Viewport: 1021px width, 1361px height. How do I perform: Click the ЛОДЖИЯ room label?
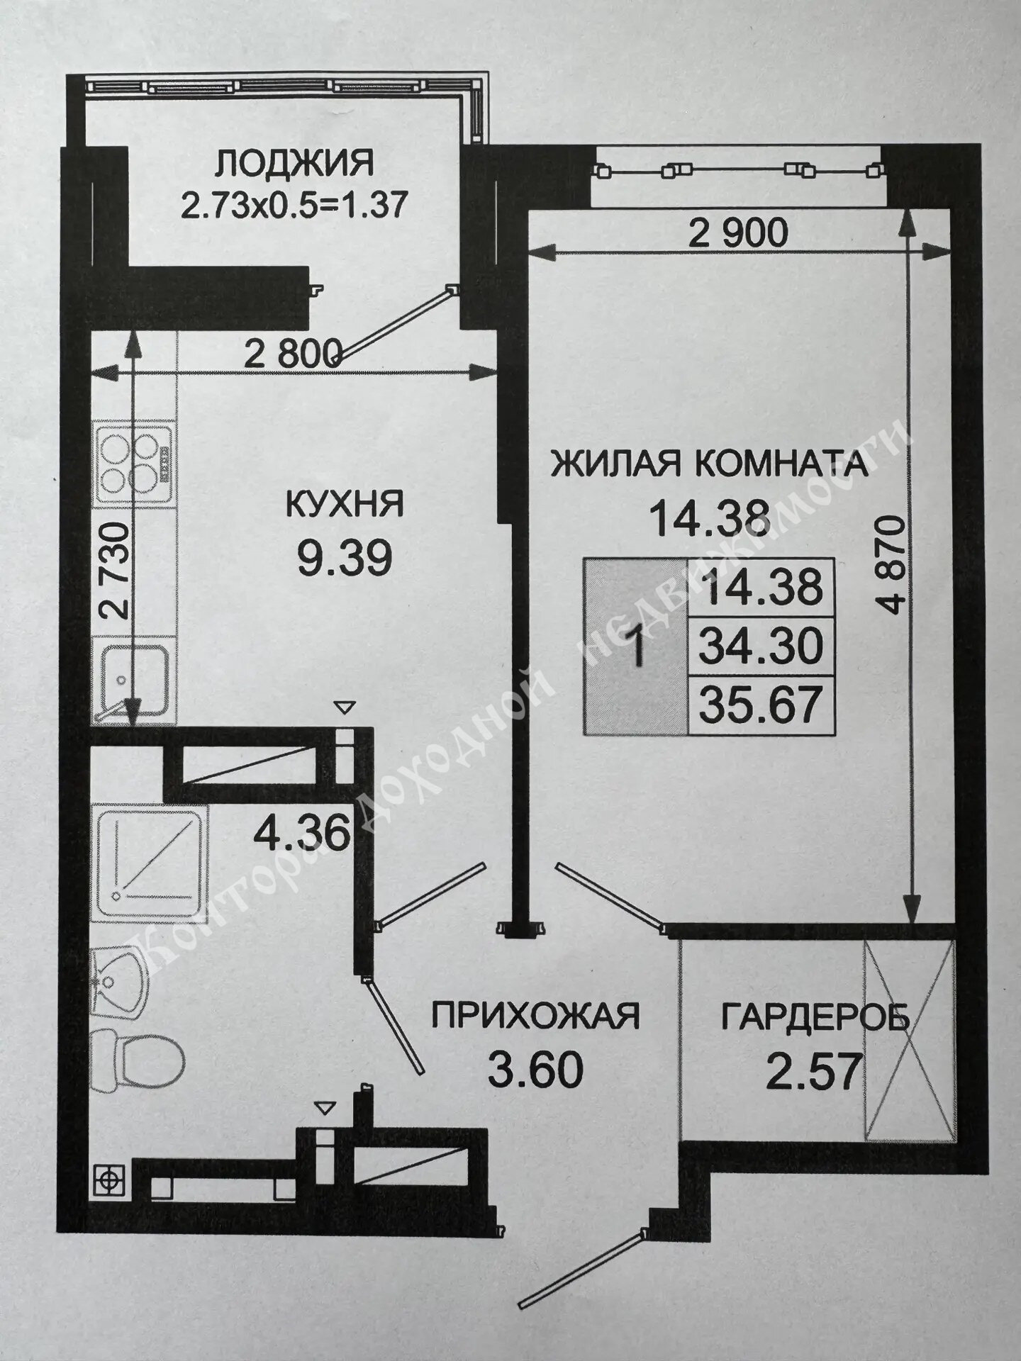(x=294, y=163)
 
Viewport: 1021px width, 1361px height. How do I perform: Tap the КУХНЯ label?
(x=345, y=505)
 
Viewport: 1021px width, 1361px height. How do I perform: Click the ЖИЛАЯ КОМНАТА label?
(x=710, y=465)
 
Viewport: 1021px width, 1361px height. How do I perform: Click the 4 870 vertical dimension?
(x=896, y=565)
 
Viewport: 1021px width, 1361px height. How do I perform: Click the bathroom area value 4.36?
(x=303, y=834)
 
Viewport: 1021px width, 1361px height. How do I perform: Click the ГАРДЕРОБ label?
(x=815, y=1017)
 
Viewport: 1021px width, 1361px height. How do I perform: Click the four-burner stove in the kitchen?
(x=134, y=462)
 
